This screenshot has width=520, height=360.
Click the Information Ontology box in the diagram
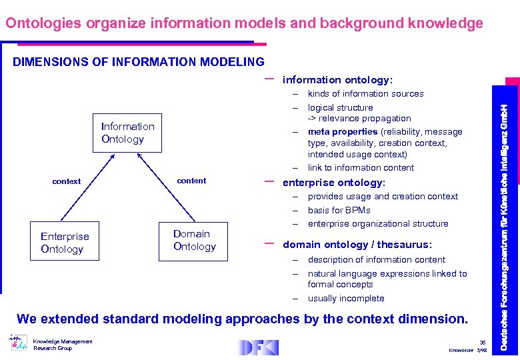pos(127,133)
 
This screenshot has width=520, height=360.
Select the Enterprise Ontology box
pos(65,242)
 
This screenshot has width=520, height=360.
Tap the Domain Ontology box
pos(194,240)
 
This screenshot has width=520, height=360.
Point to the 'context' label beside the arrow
pos(67,181)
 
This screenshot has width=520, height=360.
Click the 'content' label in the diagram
pos(191,181)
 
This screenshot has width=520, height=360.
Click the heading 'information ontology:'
pos(337,80)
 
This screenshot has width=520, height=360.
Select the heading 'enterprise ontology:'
pos(334,183)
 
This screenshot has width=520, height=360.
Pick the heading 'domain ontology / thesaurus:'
pos(357,245)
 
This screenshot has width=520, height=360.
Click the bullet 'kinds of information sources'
pos(365,94)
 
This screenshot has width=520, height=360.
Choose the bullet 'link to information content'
pos(361,168)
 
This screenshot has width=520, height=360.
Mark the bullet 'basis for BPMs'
pos(339,210)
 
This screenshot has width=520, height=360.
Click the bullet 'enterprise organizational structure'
pos(377,224)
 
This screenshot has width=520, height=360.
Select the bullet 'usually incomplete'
pos(345,299)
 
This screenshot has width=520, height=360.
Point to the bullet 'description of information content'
pos(376,260)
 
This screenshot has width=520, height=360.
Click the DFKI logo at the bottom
pos(259,347)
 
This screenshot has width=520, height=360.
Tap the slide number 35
pos(482,342)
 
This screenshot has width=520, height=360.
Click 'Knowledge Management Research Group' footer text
pos(63,345)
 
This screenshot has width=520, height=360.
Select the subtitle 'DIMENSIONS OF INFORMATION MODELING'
pos(139,62)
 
